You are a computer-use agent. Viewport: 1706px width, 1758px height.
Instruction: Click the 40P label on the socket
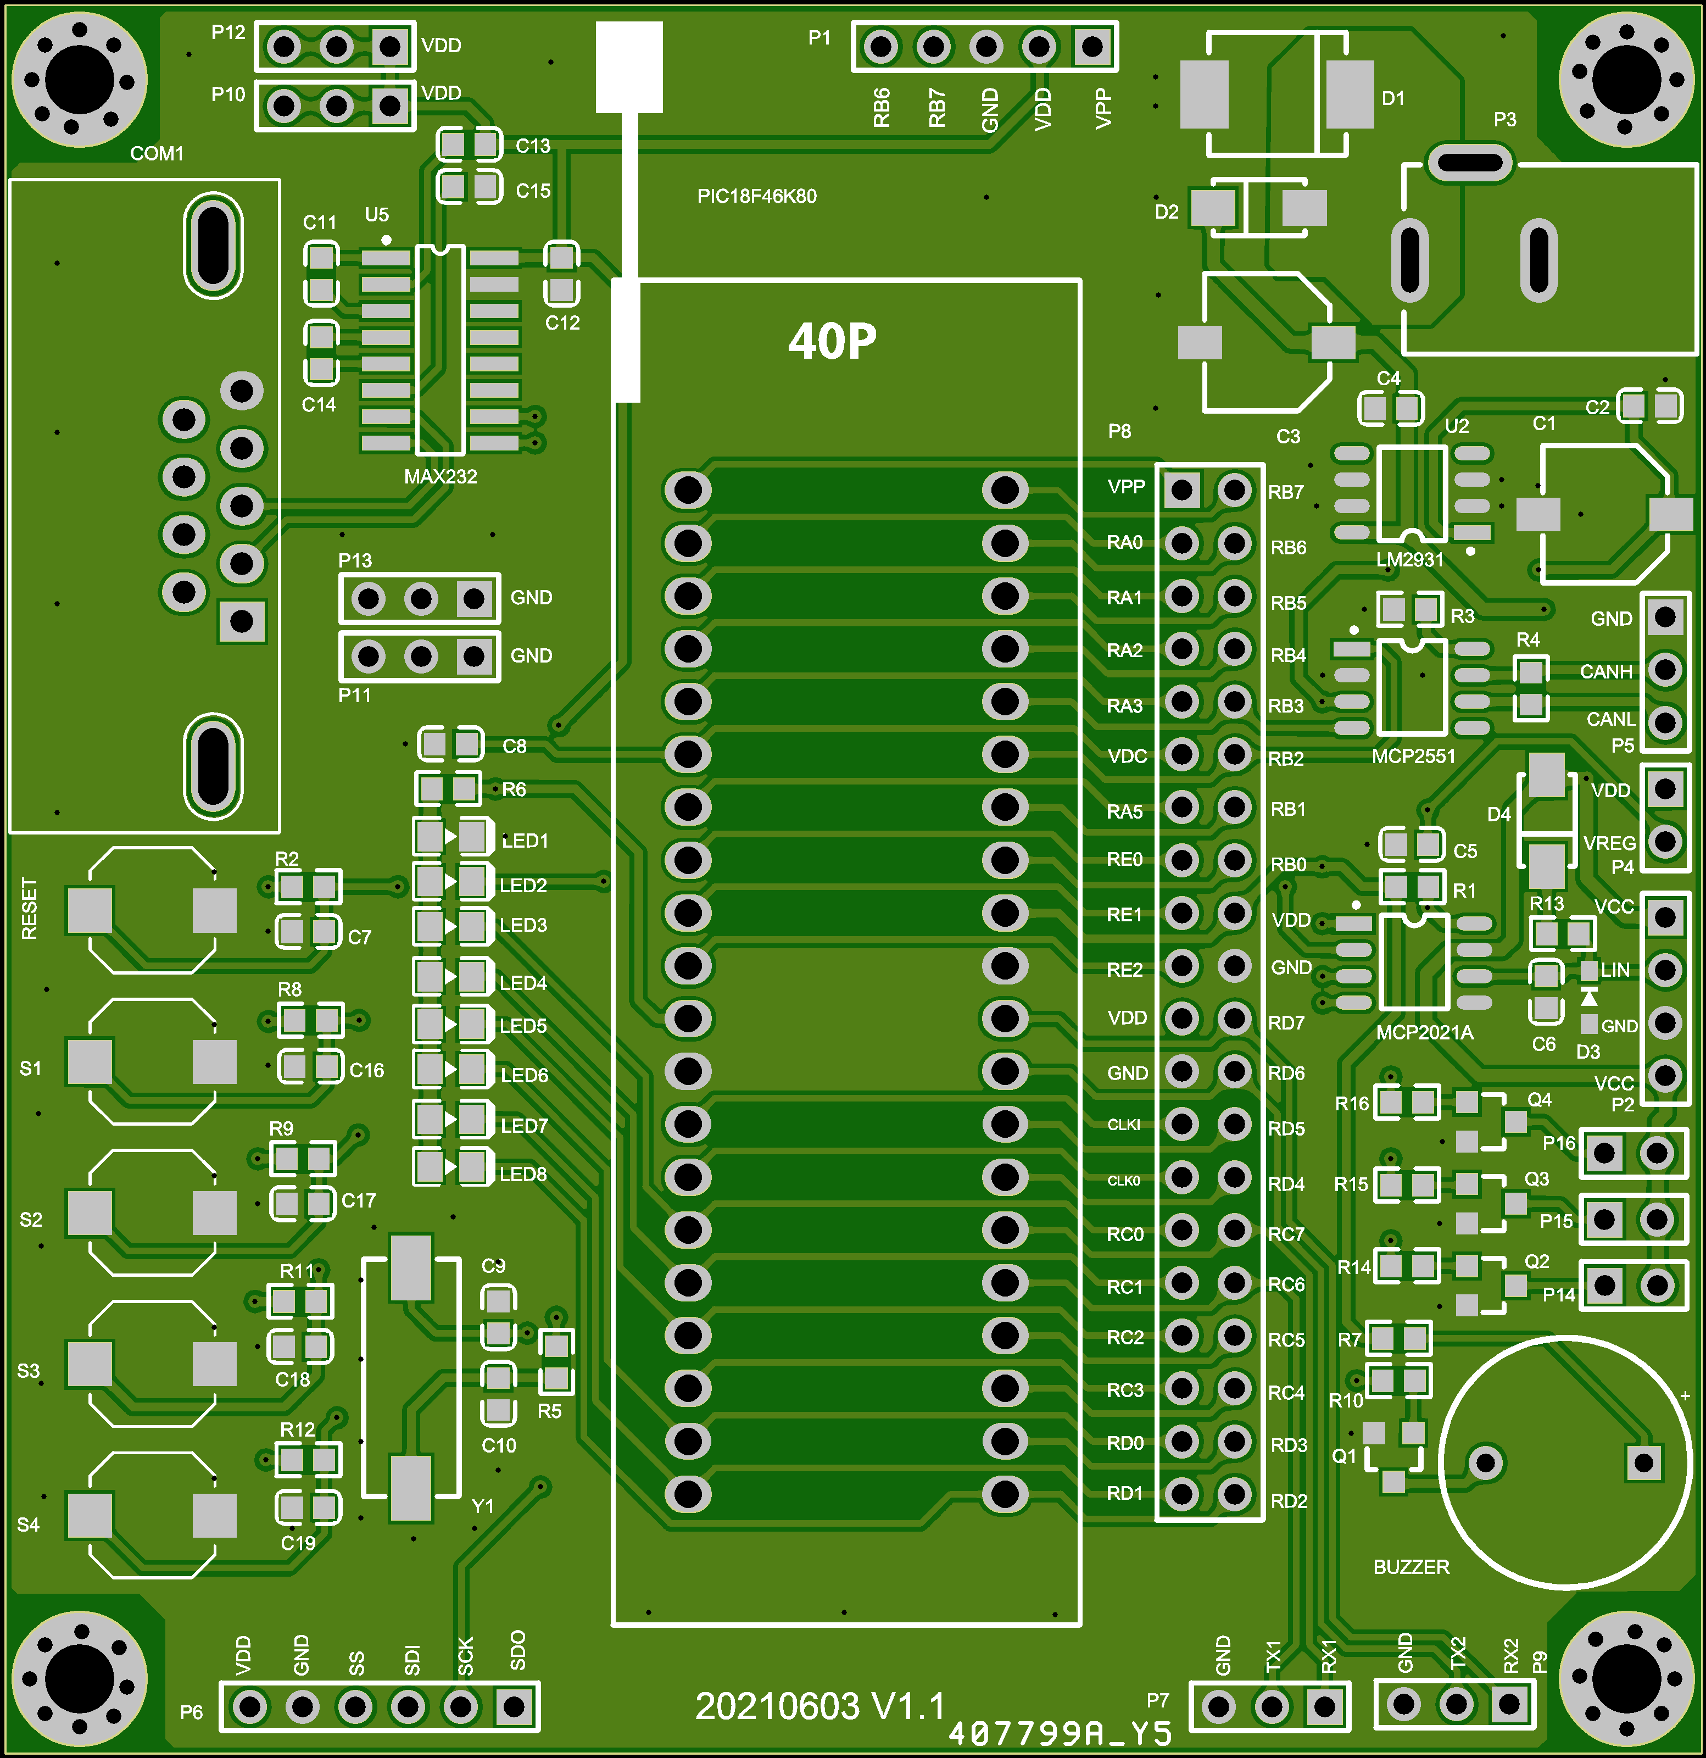[x=832, y=342]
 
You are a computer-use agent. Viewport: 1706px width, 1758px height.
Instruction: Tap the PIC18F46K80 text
[x=757, y=197]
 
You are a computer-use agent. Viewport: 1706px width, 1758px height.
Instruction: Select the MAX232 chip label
[x=441, y=476]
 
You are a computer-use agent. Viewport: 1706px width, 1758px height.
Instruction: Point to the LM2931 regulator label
[x=1410, y=560]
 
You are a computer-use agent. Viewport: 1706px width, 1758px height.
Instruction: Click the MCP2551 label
[x=1414, y=756]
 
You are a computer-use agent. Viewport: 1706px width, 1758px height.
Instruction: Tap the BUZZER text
[x=1411, y=1567]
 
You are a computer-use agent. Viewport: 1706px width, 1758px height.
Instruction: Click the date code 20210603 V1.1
[x=820, y=1706]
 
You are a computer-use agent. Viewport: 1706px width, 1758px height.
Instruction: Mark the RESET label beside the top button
[x=30, y=909]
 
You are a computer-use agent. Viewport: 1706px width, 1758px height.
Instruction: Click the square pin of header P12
[x=389, y=46]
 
